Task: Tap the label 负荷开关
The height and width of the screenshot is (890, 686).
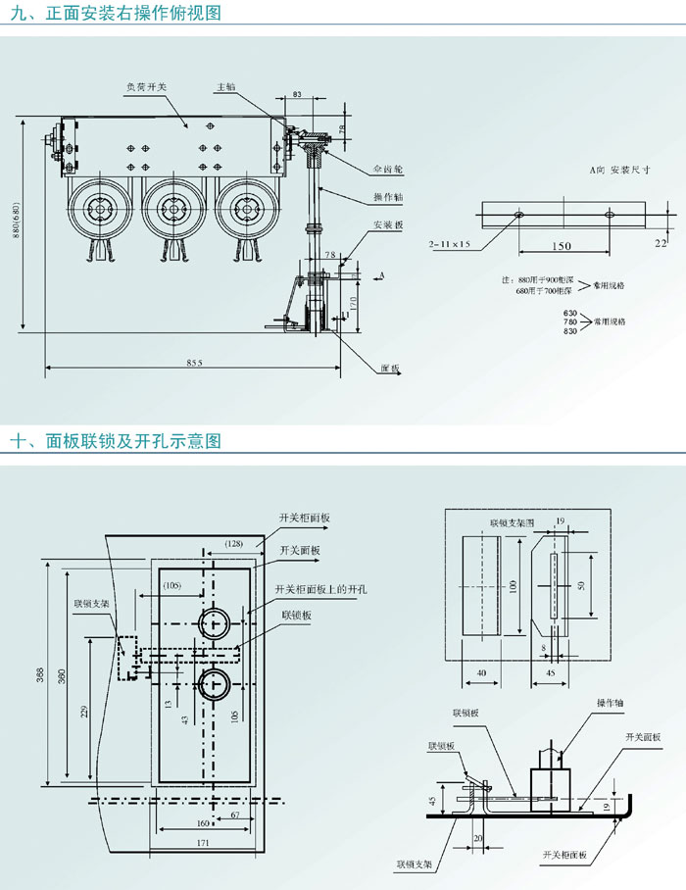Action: click(145, 87)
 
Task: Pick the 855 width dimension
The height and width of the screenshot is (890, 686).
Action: click(193, 364)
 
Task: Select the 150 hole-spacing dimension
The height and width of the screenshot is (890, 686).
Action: click(561, 246)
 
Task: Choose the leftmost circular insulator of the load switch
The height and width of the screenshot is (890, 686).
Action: click(99, 209)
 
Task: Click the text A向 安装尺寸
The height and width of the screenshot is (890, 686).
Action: click(620, 170)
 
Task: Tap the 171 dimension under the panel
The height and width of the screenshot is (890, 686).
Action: click(203, 843)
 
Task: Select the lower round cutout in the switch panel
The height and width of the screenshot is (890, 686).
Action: click(214, 683)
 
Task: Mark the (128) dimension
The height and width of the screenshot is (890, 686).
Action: click(232, 542)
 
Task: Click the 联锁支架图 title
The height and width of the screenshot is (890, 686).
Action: click(511, 524)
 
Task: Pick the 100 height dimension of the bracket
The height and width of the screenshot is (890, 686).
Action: click(512, 585)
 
